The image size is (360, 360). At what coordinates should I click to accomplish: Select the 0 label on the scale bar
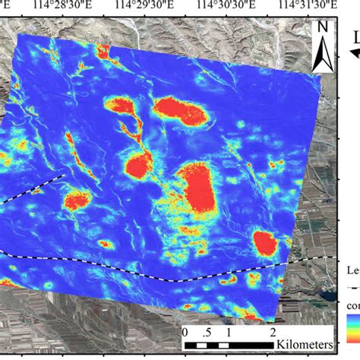[x=185, y=333]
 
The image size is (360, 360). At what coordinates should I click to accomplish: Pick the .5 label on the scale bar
[x=207, y=333]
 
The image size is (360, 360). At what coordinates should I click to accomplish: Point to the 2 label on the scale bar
[x=272, y=333]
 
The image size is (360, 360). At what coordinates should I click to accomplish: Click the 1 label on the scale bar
[x=228, y=333]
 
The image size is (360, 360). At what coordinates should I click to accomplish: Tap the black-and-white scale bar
[x=228, y=346]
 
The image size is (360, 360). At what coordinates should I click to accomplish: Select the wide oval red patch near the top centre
[x=180, y=110]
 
